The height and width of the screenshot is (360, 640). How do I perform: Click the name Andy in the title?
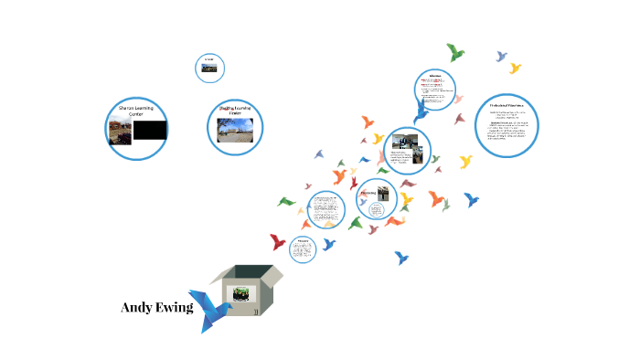[x=137, y=308]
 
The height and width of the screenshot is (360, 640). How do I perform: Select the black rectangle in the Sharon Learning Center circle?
[x=150, y=131]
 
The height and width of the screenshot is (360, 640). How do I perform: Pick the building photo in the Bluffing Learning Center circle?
[x=234, y=130]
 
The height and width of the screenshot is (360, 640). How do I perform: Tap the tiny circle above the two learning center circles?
[x=209, y=67]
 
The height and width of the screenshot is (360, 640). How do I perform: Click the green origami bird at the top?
[x=454, y=52]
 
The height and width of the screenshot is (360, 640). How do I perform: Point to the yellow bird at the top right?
[x=515, y=68]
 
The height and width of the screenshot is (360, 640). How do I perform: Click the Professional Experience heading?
[x=507, y=106]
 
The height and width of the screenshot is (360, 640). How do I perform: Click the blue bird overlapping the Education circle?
[x=421, y=111]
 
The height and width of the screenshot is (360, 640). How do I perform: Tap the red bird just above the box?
[x=278, y=242]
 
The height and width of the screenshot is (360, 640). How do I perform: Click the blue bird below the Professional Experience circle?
[x=472, y=198]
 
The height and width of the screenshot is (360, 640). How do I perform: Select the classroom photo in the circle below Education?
[x=404, y=143]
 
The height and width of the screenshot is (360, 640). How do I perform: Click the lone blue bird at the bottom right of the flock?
[x=400, y=258]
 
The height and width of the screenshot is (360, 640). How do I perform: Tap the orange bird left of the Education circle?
[x=368, y=122]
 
